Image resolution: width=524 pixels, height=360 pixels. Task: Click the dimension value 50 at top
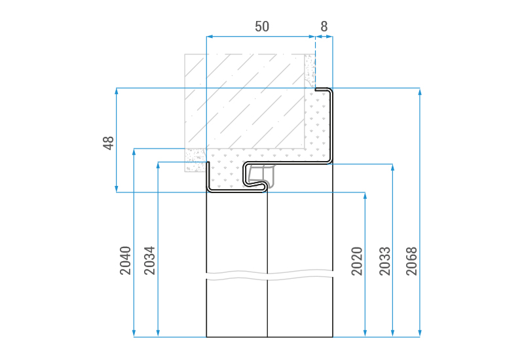click(x=261, y=26)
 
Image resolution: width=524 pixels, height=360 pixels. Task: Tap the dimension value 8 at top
click(x=324, y=26)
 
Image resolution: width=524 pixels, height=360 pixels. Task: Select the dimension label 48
click(x=108, y=143)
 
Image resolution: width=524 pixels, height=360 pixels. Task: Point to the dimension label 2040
click(x=125, y=261)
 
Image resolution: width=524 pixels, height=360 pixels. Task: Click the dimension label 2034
click(x=149, y=261)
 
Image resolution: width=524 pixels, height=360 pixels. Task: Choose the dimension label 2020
click(x=357, y=261)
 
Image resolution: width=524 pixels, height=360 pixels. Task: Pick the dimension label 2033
click(x=384, y=261)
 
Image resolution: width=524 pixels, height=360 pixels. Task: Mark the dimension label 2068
click(x=412, y=261)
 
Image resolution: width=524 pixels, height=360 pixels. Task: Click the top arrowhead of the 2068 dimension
click(x=420, y=92)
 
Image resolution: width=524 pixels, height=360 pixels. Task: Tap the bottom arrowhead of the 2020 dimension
click(x=365, y=333)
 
